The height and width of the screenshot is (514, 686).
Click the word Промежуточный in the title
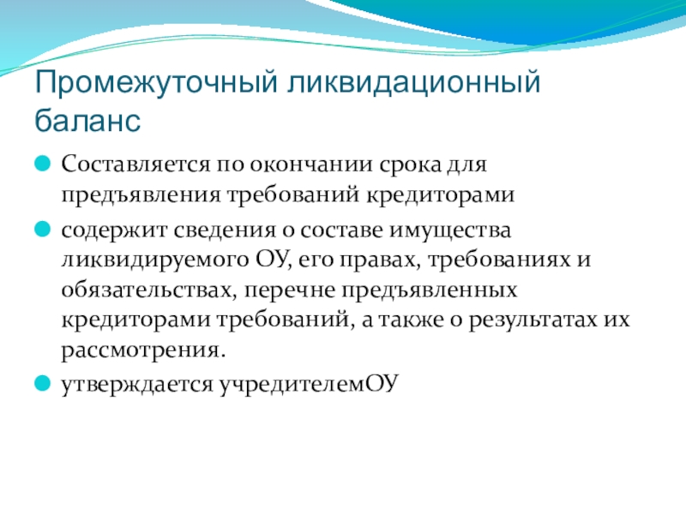pyautogui.click(x=156, y=82)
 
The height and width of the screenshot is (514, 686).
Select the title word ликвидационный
pyautogui.click(x=414, y=82)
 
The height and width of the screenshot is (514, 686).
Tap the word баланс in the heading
pyautogui.click(x=87, y=120)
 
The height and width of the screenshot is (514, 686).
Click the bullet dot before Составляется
pyautogui.click(x=42, y=164)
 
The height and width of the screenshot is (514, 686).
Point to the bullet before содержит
pyautogui.click(x=42, y=230)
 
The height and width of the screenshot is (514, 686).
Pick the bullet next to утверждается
pyautogui.click(x=42, y=383)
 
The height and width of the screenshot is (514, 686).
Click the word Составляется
pyautogui.click(x=135, y=164)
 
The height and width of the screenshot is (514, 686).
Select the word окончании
pyautogui.click(x=311, y=164)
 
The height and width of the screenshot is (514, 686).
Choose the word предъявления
pyautogui.click(x=141, y=195)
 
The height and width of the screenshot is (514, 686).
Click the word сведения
pyautogui.click(x=225, y=230)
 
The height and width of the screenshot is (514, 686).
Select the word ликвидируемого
pyautogui.click(x=155, y=260)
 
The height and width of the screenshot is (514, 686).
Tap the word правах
pyautogui.click(x=379, y=260)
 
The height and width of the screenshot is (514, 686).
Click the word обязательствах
pyautogui.click(x=147, y=290)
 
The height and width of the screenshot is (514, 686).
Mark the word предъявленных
pyautogui.click(x=430, y=290)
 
